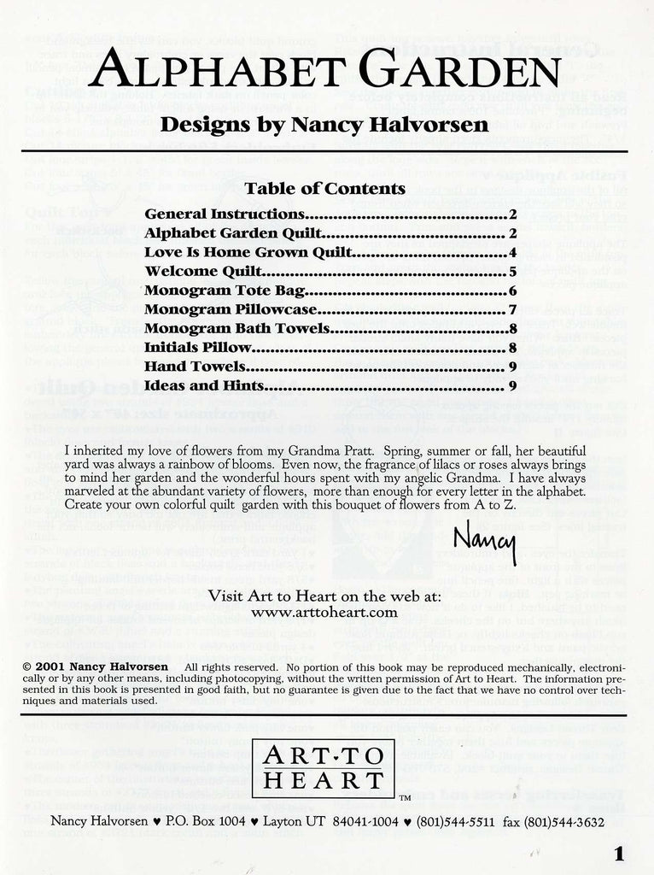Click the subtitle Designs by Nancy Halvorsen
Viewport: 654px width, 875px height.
[326, 124]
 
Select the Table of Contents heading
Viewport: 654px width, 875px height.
[324, 188]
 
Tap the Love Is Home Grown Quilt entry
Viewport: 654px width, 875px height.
[234, 252]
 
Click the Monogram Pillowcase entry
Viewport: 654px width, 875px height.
[231, 309]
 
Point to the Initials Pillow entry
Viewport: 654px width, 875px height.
[198, 348]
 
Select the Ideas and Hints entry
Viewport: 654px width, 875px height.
[203, 385]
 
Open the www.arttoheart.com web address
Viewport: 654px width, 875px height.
[326, 612]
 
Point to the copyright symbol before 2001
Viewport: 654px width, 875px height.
[28, 666]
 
